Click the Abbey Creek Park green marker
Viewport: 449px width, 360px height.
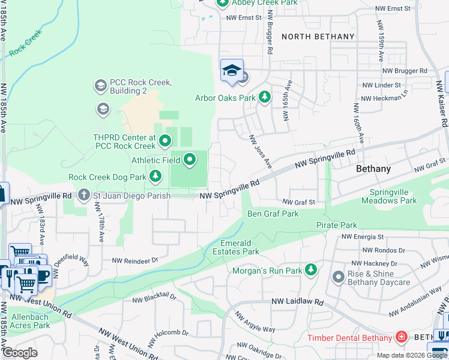point(222,3)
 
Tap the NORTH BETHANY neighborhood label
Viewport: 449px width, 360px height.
point(318,37)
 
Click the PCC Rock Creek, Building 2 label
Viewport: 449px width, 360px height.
point(140,86)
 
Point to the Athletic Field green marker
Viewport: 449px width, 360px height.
point(190,160)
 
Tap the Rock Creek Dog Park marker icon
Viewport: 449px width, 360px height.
point(155,176)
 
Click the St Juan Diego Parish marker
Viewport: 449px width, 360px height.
point(83,195)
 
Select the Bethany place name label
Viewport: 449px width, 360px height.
point(373,169)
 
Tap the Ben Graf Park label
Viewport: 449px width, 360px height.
point(273,214)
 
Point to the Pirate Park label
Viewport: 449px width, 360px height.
point(337,225)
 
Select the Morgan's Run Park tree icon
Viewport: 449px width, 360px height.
point(311,271)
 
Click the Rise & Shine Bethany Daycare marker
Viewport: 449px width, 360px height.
point(338,277)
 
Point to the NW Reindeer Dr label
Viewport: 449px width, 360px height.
point(137,260)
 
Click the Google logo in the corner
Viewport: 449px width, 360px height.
point(20,353)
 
